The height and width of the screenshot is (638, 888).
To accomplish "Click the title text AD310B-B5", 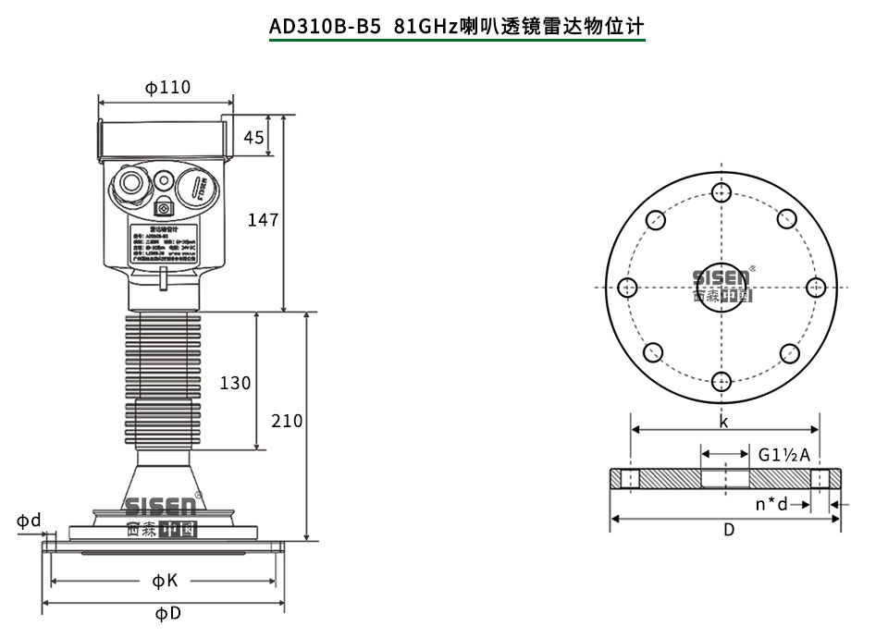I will [325, 26].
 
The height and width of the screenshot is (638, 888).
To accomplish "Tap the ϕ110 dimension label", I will [167, 87].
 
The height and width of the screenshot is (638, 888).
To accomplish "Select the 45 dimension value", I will [253, 138].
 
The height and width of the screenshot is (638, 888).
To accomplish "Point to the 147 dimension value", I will [263, 220].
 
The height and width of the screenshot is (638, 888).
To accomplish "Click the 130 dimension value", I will [235, 382].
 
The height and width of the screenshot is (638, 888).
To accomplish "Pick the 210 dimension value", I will [287, 421].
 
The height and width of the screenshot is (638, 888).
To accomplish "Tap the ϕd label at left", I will [29, 521].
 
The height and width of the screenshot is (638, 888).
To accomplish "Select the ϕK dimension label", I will [165, 581].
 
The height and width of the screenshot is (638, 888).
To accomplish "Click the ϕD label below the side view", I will [167, 614].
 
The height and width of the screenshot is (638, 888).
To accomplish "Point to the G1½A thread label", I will [784, 455].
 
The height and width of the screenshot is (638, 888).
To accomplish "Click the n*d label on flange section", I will [771, 504].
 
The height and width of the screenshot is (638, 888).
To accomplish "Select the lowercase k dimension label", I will [723, 422].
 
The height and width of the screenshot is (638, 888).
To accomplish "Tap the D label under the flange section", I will [729, 530].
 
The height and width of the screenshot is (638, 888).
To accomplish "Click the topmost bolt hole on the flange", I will [721, 192].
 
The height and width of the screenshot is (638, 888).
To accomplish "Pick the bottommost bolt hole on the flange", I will [721, 381].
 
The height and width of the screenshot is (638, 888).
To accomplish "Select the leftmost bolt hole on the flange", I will [627, 287].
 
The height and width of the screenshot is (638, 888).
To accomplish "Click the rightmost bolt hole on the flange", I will [815, 287].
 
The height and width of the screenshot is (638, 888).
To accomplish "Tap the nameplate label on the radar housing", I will [163, 246].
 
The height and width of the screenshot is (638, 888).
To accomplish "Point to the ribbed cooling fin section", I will [163, 379].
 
